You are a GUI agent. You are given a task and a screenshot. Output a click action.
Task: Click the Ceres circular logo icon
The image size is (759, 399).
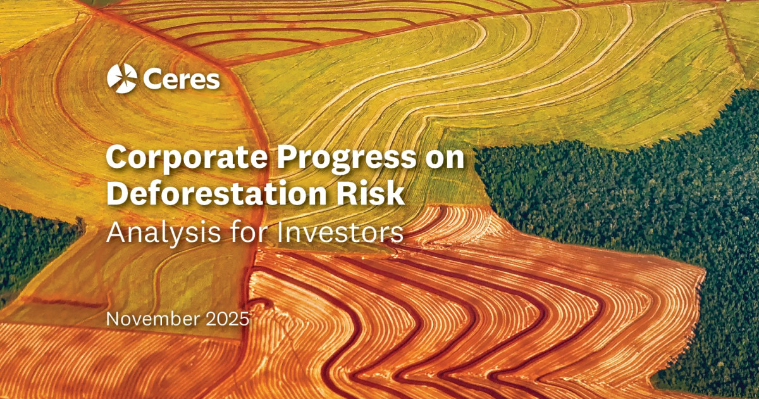pos(122,79)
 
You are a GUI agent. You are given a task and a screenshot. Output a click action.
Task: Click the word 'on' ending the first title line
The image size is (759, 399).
pos(446,158)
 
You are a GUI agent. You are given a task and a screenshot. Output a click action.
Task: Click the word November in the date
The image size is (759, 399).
pos(152,319)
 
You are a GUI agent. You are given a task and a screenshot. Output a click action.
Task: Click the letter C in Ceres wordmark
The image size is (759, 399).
pos(151,80)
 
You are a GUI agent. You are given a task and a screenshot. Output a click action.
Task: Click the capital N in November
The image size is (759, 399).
pos(112,319)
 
